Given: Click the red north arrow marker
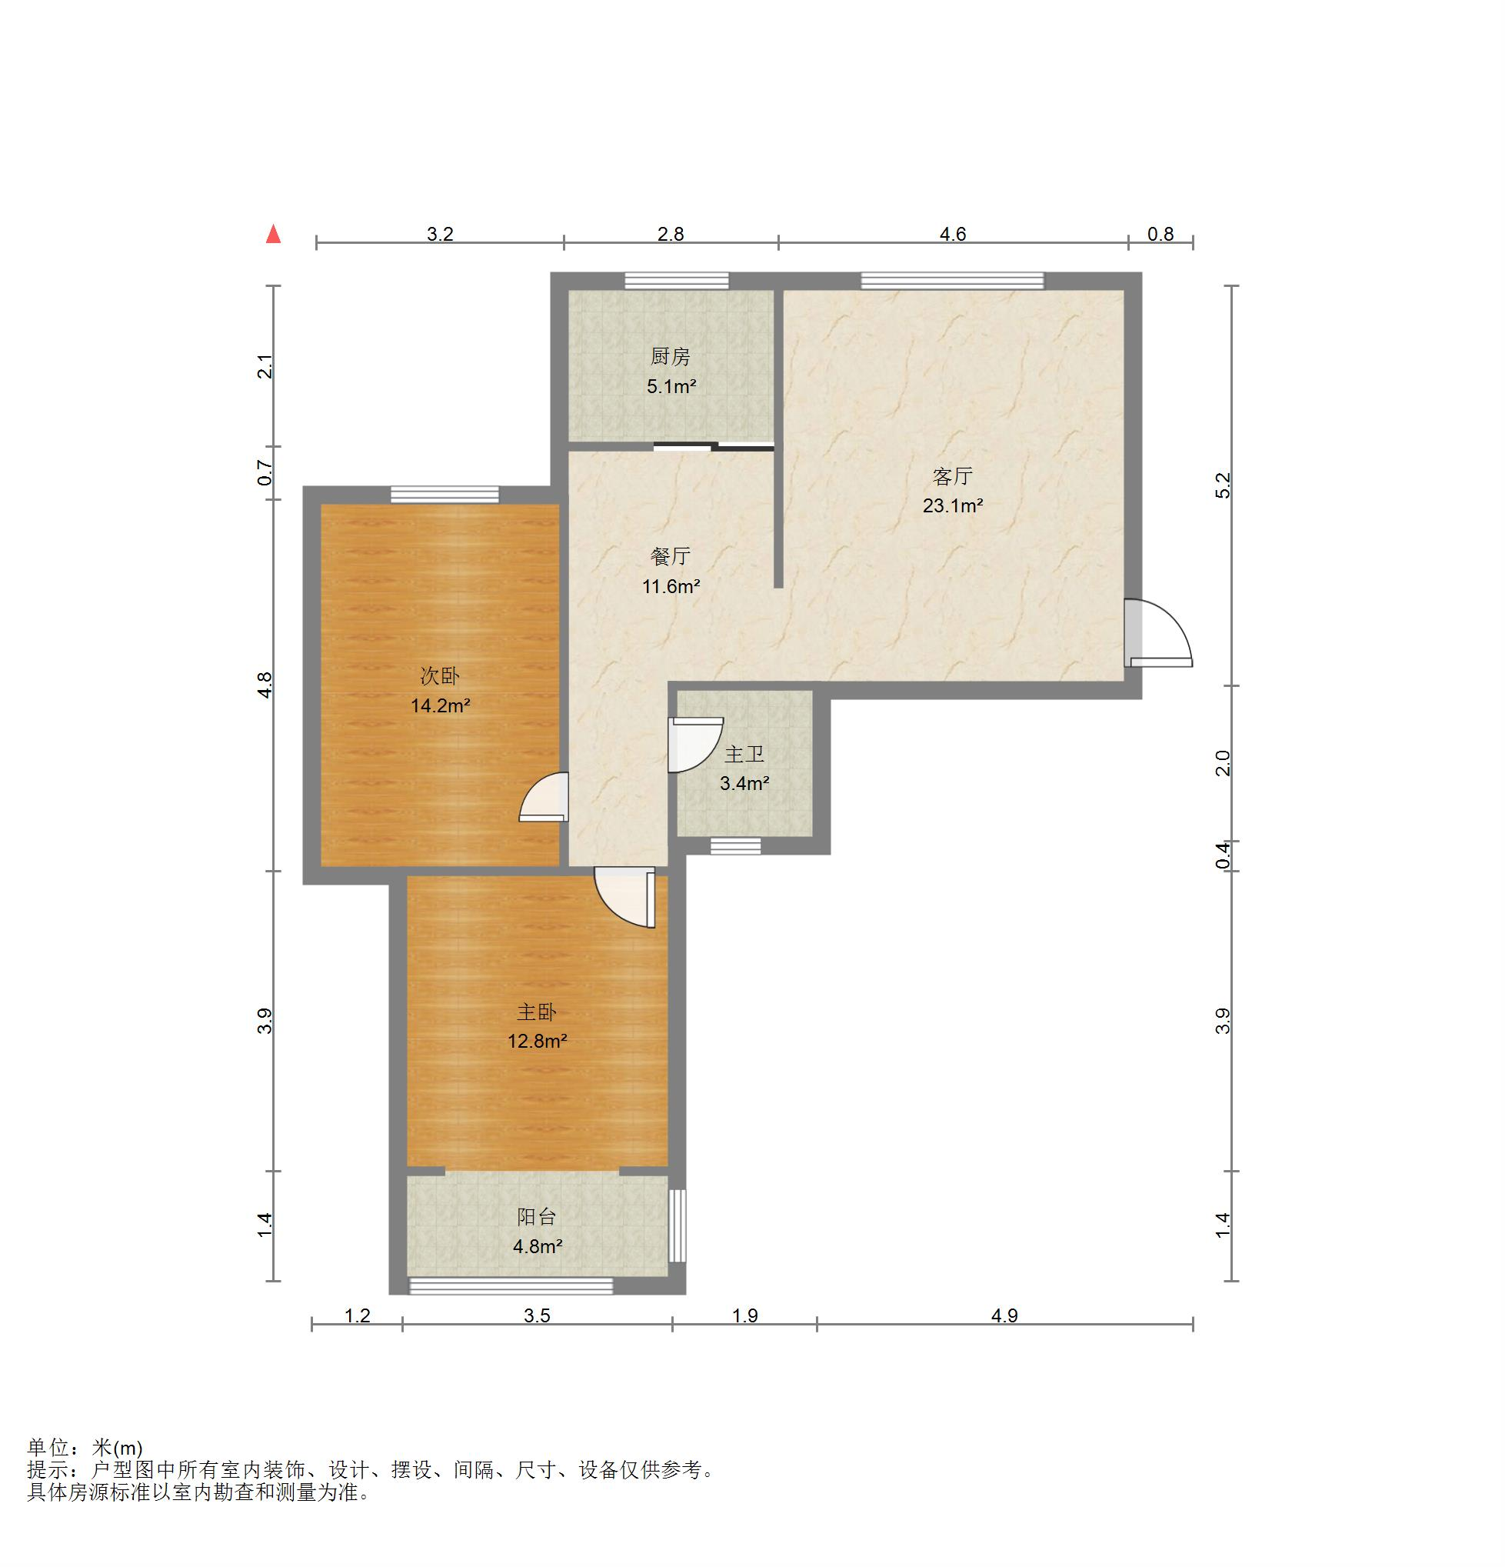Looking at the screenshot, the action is click(x=273, y=233).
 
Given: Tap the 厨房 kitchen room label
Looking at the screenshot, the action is click(x=670, y=357).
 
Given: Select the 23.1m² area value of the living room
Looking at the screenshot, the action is click(x=952, y=505).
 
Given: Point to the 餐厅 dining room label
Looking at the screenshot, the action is click(x=670, y=556).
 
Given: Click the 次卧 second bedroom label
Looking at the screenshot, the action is click(x=440, y=676).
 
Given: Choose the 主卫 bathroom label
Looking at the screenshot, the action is click(x=744, y=754).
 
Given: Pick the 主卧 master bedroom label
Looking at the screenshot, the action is click(x=536, y=1012).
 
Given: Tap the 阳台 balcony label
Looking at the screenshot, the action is click(x=536, y=1217).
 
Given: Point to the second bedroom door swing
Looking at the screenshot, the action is click(x=544, y=797).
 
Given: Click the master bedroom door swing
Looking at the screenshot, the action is click(x=625, y=897).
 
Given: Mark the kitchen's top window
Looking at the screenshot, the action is click(x=676, y=281).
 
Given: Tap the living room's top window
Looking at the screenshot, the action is click(x=952, y=281).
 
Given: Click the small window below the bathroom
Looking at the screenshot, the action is click(x=735, y=846).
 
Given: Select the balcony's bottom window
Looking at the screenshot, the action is click(x=511, y=1285).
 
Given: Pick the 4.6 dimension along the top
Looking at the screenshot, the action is click(x=952, y=235).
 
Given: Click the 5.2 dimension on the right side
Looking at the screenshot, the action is click(x=1223, y=485).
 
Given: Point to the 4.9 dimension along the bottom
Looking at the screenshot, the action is click(x=1004, y=1316).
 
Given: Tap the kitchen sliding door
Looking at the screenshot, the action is click(x=714, y=446).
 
